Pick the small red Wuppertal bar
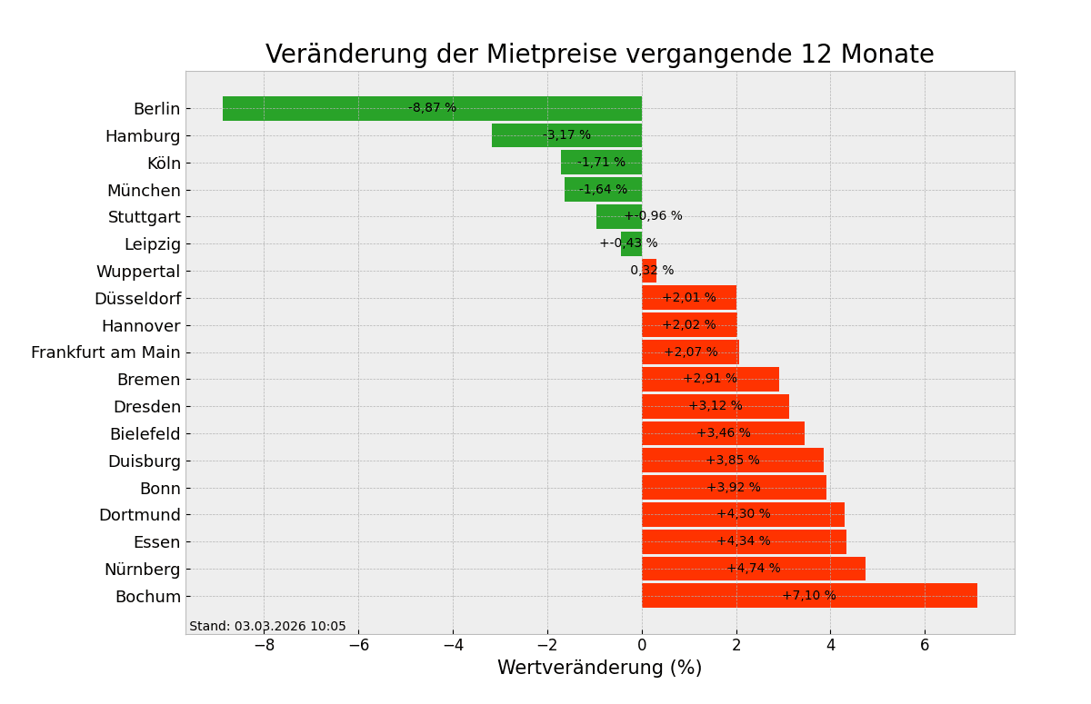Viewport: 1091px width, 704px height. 649,271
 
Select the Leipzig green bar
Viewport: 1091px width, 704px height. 631,243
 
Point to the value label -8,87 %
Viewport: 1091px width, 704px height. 432,108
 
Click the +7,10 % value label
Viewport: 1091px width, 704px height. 808,596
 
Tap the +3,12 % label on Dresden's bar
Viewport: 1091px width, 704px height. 715,406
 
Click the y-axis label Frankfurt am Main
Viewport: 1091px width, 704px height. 105,352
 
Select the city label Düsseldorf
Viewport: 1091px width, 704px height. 137,299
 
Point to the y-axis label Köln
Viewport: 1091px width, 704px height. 164,164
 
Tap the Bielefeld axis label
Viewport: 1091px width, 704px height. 145,434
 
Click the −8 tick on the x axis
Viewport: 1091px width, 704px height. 264,646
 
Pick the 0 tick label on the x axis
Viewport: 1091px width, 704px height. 642,646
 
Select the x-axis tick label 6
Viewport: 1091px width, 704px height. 925,646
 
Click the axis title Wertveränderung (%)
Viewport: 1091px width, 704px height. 599,669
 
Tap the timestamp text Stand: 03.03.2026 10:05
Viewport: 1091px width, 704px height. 267,627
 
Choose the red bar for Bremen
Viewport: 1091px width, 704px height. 710,379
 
